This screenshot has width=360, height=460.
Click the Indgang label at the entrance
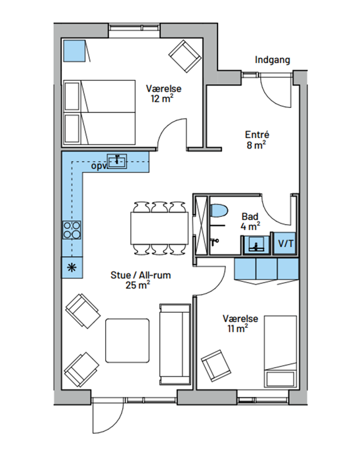click(x=273, y=60)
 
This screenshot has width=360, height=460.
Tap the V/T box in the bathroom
click(x=286, y=243)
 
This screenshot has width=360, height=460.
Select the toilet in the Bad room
click(x=219, y=211)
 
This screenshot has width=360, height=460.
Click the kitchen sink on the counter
click(x=117, y=161)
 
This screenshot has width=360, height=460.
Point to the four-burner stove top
click(x=72, y=230)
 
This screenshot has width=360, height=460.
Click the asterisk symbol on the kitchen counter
click(x=72, y=267)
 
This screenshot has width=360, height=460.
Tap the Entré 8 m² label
click(x=257, y=139)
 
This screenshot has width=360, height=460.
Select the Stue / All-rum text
click(x=141, y=275)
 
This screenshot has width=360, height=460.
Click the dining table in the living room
click(x=160, y=228)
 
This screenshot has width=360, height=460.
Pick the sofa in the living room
click(x=175, y=344)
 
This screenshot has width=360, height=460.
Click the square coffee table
click(x=127, y=340)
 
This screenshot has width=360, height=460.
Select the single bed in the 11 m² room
click(x=281, y=352)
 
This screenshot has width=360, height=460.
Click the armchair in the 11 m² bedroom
click(x=215, y=365)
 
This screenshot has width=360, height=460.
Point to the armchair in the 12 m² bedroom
click(x=185, y=57)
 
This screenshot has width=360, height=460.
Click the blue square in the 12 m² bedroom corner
click(x=74, y=51)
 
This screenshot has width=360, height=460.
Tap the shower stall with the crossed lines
click(x=202, y=225)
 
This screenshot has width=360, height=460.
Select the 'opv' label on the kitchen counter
click(x=99, y=166)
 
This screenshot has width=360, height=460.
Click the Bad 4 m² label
click(x=250, y=221)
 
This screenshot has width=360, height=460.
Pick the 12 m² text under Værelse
click(x=162, y=99)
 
